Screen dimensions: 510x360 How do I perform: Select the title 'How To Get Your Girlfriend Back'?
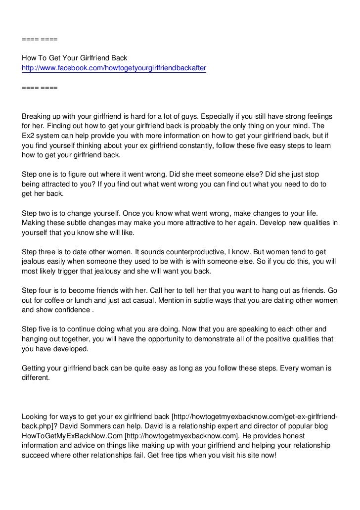(x=75, y=57)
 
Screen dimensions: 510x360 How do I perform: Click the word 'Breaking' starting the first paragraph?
(x=38, y=116)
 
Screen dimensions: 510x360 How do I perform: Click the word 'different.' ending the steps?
(x=36, y=377)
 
